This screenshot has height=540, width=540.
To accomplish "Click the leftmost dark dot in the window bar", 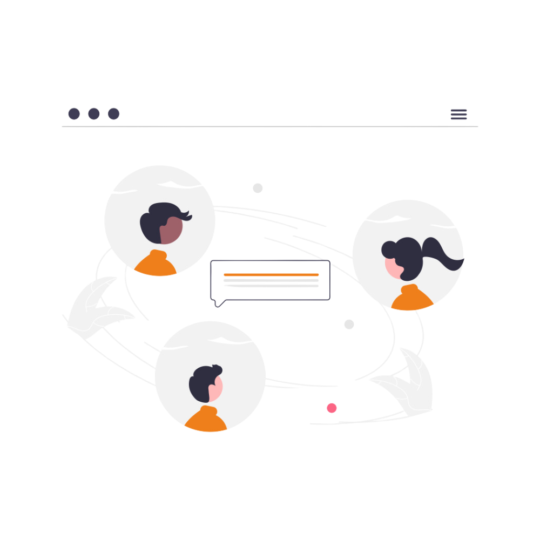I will click(74, 113).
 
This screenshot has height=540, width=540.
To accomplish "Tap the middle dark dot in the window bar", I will click(94, 113).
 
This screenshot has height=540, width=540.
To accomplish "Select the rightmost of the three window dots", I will click(113, 113).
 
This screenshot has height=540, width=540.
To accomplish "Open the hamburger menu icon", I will click(458, 114).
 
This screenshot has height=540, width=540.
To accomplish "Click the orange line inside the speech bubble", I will click(271, 275).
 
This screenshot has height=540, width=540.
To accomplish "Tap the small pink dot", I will click(332, 408).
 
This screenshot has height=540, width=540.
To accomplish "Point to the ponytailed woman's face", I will click(393, 267).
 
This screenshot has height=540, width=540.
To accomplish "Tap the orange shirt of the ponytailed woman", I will click(411, 299).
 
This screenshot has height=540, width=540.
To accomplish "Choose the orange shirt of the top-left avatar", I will click(156, 265).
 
